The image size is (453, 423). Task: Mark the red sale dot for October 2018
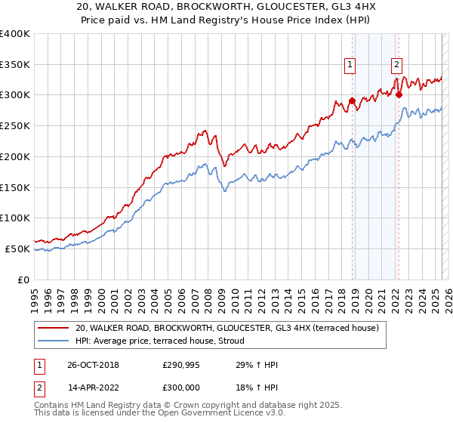click(x=352, y=100)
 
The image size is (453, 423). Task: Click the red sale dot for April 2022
click(x=399, y=94)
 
